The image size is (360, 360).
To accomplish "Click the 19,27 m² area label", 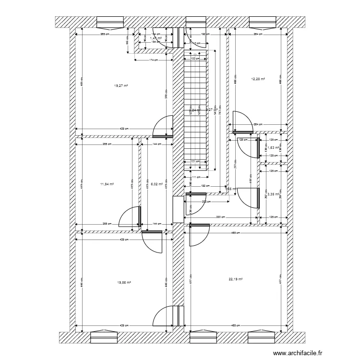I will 121,85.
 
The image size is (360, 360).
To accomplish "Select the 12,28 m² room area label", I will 258,79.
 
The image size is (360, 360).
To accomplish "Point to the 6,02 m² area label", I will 157,183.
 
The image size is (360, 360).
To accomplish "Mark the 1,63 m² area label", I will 273,148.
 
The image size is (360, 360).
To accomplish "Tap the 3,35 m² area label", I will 273,194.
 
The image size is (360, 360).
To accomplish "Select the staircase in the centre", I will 196,110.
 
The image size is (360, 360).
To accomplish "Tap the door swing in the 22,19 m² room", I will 199,235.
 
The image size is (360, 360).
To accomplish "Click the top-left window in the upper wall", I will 110,22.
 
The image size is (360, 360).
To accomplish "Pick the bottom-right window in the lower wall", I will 262,337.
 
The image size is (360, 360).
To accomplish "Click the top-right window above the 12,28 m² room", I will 263,22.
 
